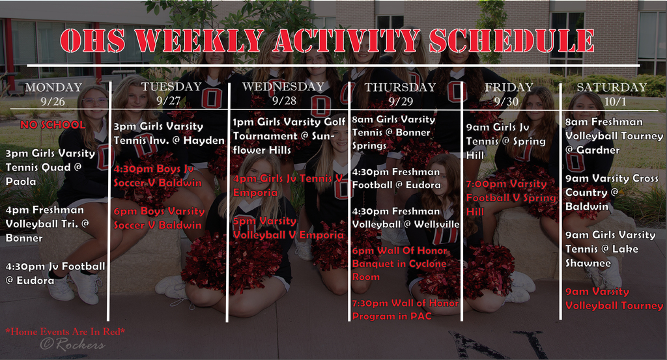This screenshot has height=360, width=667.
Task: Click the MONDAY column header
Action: point(53,87)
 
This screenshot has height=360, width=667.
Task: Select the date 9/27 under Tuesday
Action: point(168,100)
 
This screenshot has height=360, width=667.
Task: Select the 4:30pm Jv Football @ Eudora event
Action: point(55,273)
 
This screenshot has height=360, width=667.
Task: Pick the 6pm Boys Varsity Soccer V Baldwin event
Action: point(159,218)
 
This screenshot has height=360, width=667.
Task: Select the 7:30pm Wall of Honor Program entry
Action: point(405,309)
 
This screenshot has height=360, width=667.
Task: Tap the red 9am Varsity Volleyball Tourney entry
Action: point(613,298)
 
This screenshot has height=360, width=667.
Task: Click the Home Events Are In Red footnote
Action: point(65,331)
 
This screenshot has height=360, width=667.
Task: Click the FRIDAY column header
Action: point(509,87)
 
